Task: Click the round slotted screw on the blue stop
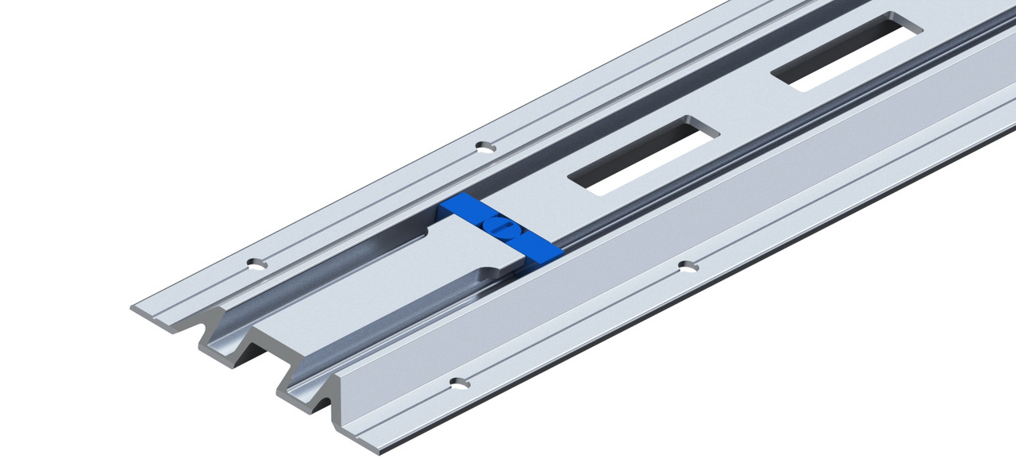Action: click(x=500, y=227)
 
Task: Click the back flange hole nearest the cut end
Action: click(x=256, y=264)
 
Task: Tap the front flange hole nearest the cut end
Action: click(x=459, y=383)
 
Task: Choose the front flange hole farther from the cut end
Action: click(x=687, y=265)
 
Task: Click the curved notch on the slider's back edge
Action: click(x=421, y=235)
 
